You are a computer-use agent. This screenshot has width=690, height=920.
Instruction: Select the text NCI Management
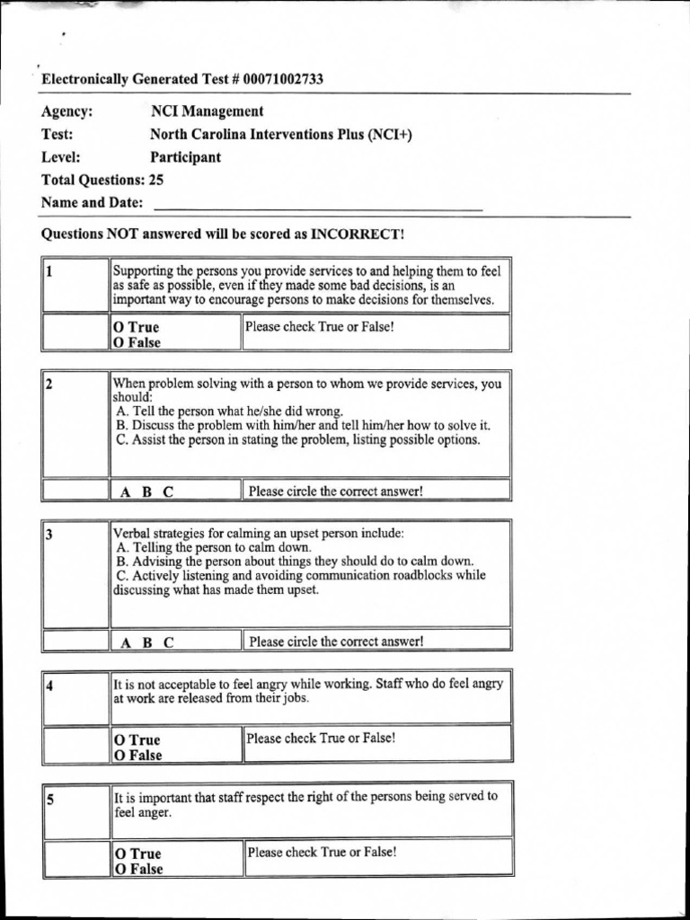click(207, 111)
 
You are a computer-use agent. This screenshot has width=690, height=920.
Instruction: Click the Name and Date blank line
click(318, 205)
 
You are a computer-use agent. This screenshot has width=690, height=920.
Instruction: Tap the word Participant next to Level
click(185, 157)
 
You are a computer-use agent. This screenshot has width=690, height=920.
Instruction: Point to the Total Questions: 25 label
click(102, 180)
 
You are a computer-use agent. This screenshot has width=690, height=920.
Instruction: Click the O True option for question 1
click(136, 327)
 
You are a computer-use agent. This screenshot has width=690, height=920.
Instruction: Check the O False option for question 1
click(137, 342)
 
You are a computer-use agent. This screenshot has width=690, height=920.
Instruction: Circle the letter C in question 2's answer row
click(168, 491)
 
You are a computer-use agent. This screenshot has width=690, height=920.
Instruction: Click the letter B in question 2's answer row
click(146, 491)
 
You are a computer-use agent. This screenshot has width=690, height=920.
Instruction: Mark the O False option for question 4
click(137, 756)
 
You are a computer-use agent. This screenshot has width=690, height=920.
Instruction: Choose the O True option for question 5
click(137, 854)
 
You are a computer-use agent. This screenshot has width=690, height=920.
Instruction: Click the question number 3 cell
click(75, 572)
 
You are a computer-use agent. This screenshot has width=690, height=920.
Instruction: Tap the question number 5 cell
click(75, 809)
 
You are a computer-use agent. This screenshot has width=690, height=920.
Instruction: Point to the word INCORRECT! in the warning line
click(358, 234)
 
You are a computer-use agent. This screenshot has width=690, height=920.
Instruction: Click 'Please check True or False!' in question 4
click(321, 739)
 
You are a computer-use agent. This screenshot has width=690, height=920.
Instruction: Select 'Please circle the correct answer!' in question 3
click(335, 641)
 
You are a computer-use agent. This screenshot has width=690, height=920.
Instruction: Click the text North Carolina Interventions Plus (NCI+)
click(281, 135)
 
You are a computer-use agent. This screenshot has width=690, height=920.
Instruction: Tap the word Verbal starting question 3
click(131, 533)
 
